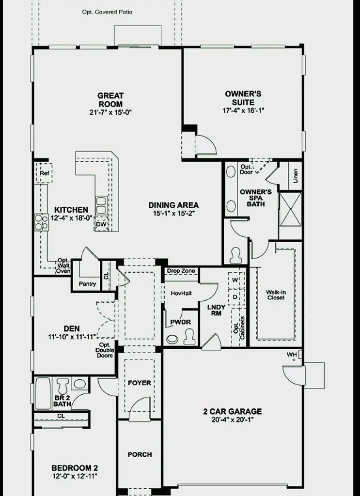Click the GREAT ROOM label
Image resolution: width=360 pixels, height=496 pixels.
coord(110,100)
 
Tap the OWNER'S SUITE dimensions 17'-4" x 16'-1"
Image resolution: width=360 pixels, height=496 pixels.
coord(243,110)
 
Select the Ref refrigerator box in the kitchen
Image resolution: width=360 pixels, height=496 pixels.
coord(44,172)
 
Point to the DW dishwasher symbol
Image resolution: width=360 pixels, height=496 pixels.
coord(101,224)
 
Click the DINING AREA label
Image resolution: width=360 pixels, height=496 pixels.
coord(173,205)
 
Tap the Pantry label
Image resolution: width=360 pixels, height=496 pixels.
coord(87,284)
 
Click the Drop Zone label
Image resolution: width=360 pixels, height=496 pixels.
coord(181,271)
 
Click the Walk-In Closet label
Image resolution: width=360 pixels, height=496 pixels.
coord(275,294)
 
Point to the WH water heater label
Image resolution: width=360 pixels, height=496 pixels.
coord(291,355)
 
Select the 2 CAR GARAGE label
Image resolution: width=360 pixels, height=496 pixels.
coord(232,411)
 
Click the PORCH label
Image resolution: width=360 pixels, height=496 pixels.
coord(140,454)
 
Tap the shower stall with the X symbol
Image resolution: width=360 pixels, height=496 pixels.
coord(290,209)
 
